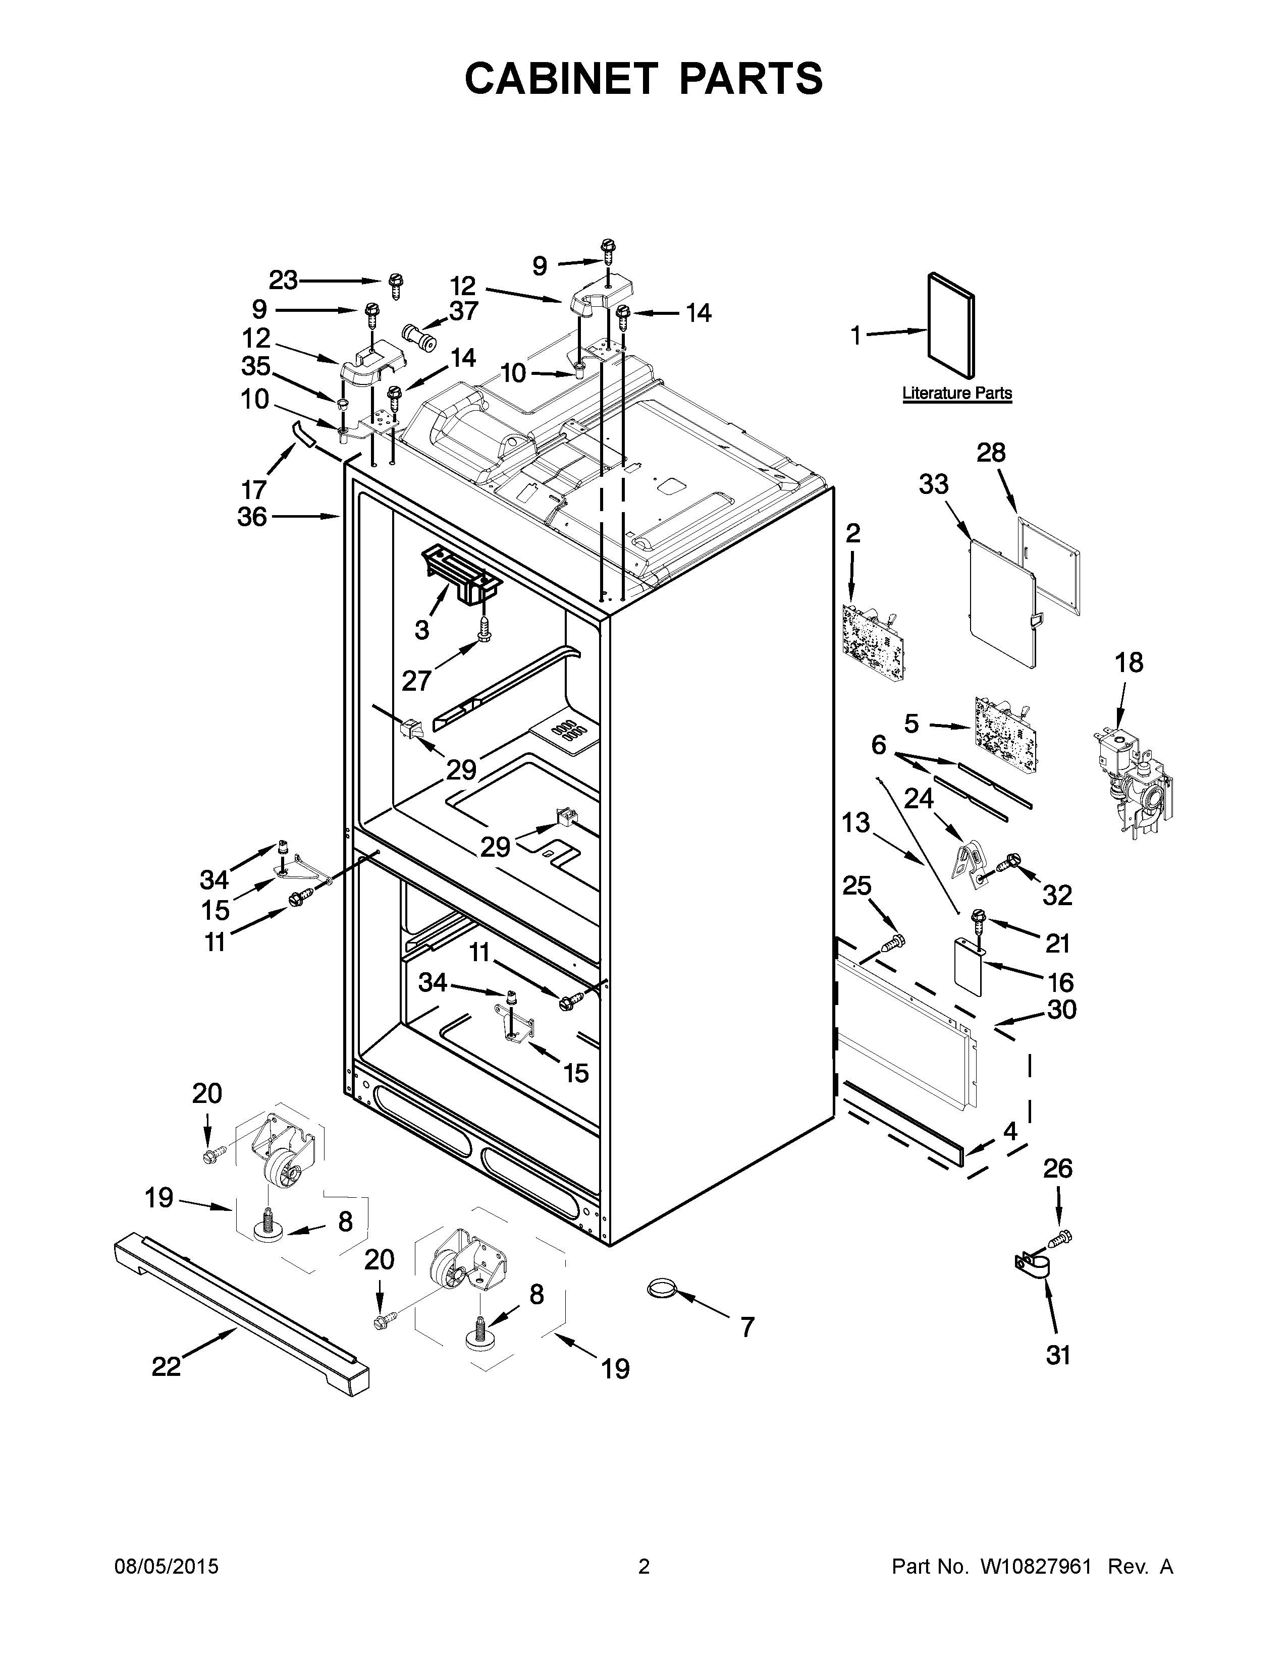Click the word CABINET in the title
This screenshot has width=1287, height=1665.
coord(560,79)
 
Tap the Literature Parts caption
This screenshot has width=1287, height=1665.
coord(957,394)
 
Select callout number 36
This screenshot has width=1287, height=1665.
coord(252,517)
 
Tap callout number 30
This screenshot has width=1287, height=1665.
coord(1061,1010)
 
